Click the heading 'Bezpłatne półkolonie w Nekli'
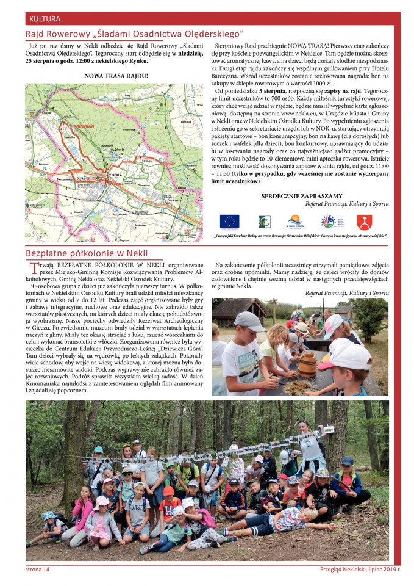pyautogui.click(x=87, y=253)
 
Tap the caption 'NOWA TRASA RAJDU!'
pyautogui.click(x=116, y=76)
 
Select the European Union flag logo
pyautogui.click(x=229, y=221)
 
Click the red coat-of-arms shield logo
pyautogui.click(x=364, y=221)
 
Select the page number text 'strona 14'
pyautogui.click(x=37, y=570)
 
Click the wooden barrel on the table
pyautogui.click(x=307, y=365)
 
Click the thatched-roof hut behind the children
pyautogui.click(x=240, y=311)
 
